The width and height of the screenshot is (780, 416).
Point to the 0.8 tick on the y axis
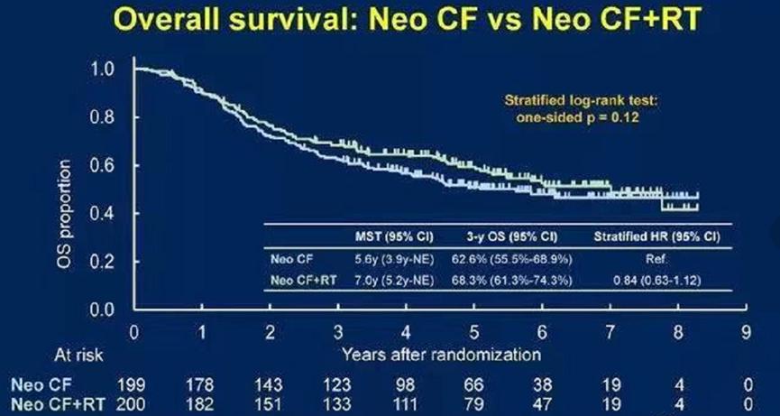point(106,117)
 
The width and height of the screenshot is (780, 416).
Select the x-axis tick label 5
point(474,330)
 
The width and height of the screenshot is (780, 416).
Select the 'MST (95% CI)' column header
point(397,237)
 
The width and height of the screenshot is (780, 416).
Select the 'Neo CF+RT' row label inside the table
point(303,280)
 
